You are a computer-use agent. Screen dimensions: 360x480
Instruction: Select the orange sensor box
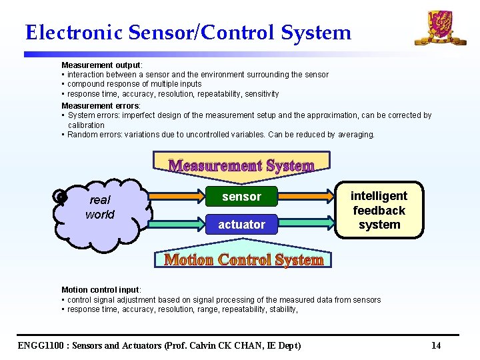tap(241, 197)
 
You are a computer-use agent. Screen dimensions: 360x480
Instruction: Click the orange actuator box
tap(241, 225)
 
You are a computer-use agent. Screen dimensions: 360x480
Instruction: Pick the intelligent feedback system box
tap(379, 210)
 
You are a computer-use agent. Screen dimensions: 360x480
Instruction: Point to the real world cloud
tap(100, 208)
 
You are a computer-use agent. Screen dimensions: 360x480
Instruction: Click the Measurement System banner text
tap(241, 165)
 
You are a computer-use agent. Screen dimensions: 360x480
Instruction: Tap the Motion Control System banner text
tap(244, 260)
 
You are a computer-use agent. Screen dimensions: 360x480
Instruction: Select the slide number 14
tap(436, 345)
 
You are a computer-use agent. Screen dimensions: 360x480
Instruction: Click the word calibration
tap(86, 125)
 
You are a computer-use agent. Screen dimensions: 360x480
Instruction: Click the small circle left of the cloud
tap(61, 196)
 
